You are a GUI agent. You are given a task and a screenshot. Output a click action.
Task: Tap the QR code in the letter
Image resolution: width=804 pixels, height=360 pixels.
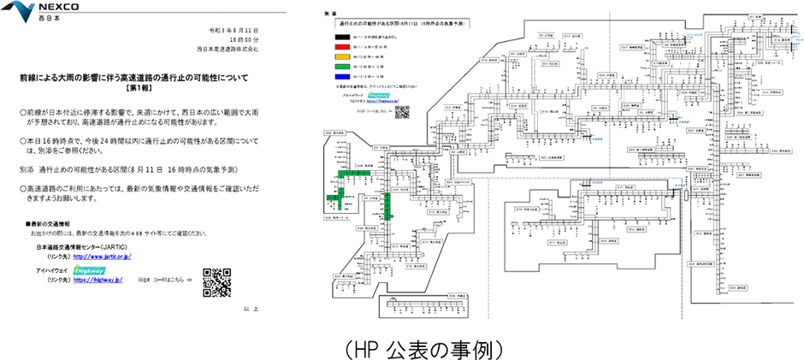[218, 280]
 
